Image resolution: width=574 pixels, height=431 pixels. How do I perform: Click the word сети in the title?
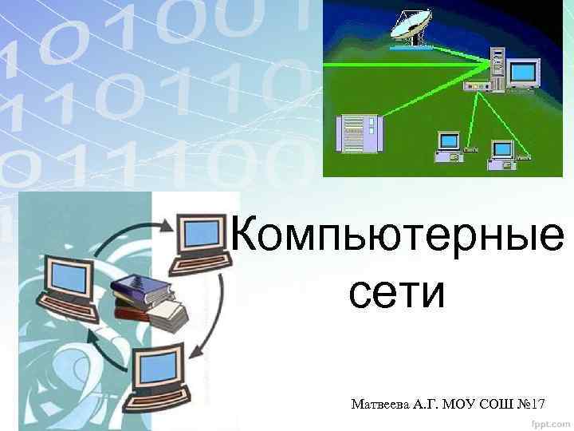coord(395,294)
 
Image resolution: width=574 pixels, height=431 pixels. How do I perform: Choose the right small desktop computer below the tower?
coord(502,153)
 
